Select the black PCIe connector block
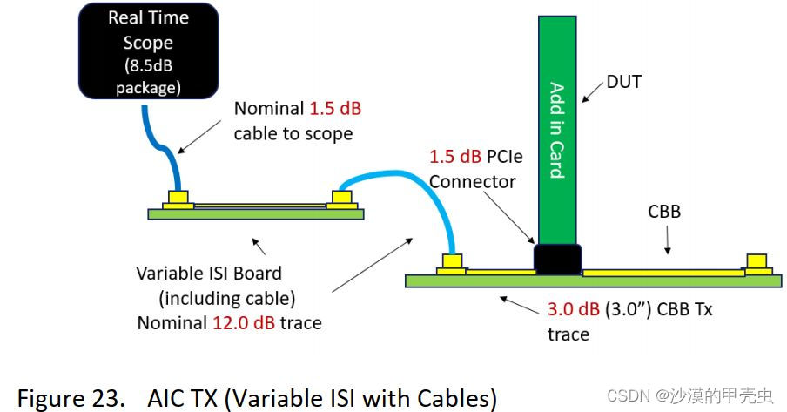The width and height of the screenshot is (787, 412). click(557, 259)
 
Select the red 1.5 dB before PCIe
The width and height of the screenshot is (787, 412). click(456, 157)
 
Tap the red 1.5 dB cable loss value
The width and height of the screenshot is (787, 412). click(336, 110)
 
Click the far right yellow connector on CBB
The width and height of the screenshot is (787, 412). click(756, 263)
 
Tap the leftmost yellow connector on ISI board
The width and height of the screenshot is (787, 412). click(178, 199)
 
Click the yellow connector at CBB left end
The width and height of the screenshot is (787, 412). click(452, 263)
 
